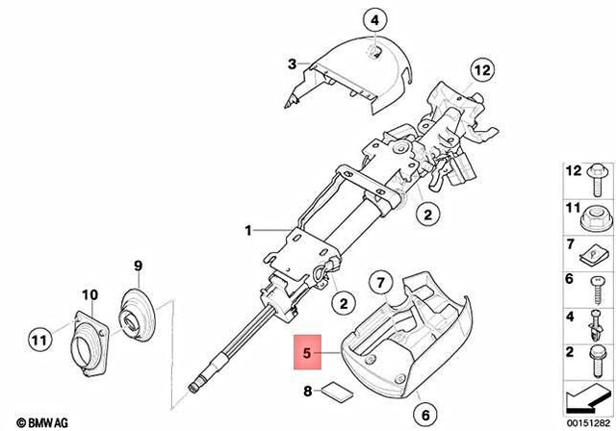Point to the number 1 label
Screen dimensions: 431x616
pos(247,231)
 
